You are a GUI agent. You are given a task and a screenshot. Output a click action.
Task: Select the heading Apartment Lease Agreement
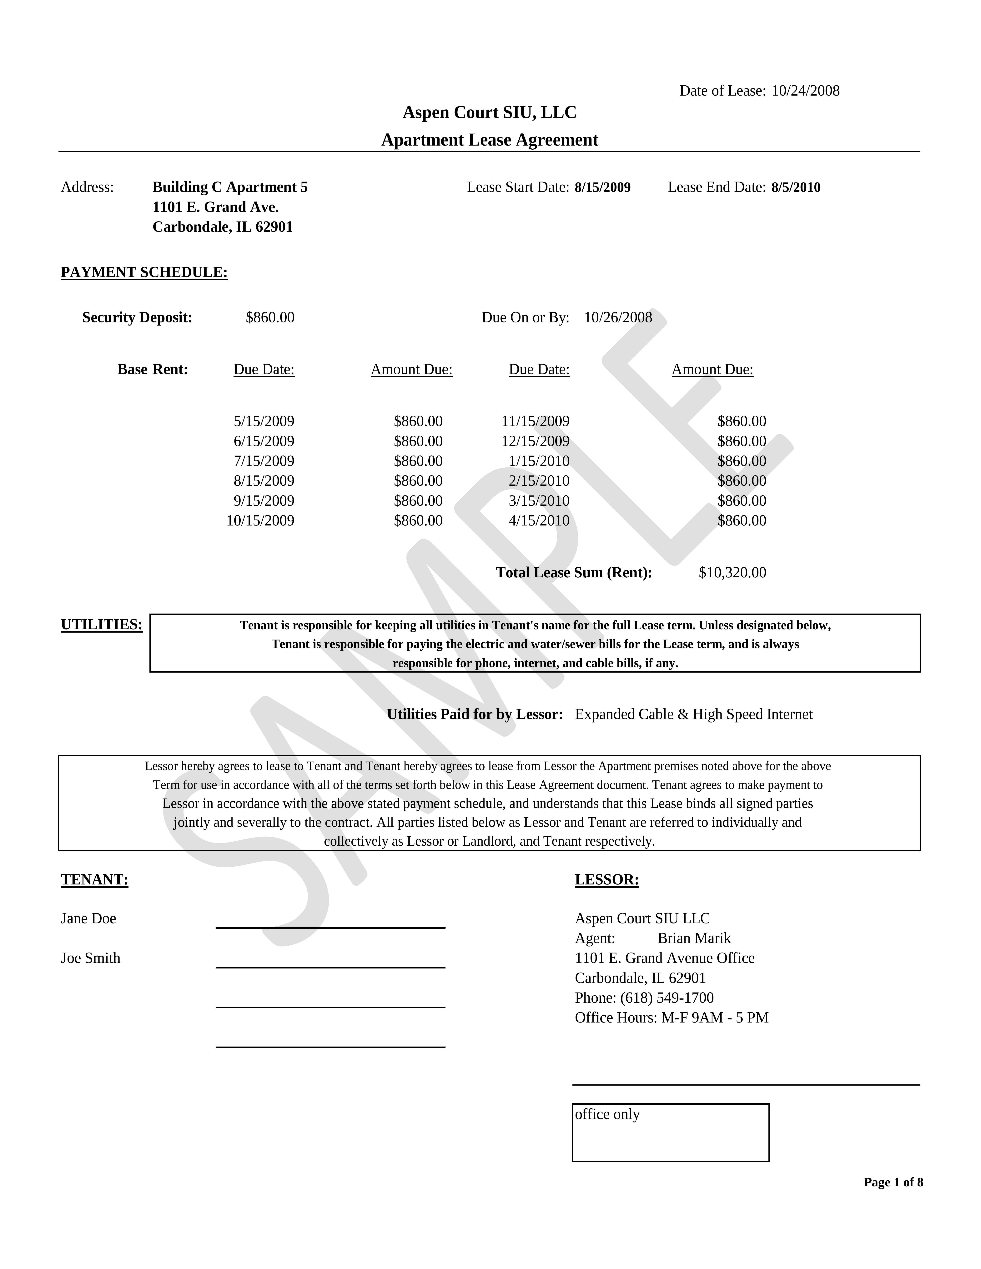pyautogui.click(x=489, y=140)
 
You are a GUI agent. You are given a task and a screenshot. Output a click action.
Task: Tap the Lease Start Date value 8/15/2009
pyautogui.click(x=602, y=187)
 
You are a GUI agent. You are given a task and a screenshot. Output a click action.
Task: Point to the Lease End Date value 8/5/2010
pyautogui.click(x=796, y=187)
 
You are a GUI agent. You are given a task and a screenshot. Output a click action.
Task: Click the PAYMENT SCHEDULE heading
pyautogui.click(x=144, y=272)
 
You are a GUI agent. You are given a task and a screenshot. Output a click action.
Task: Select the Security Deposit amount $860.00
pyautogui.click(x=270, y=317)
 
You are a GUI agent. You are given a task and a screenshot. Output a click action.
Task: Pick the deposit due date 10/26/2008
pyautogui.click(x=618, y=317)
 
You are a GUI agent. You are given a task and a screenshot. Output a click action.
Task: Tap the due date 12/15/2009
pyautogui.click(x=535, y=441)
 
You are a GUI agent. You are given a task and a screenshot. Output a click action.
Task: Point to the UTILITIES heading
pyautogui.click(x=102, y=625)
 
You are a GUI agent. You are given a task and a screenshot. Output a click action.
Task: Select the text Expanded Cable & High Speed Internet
pyautogui.click(x=693, y=714)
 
